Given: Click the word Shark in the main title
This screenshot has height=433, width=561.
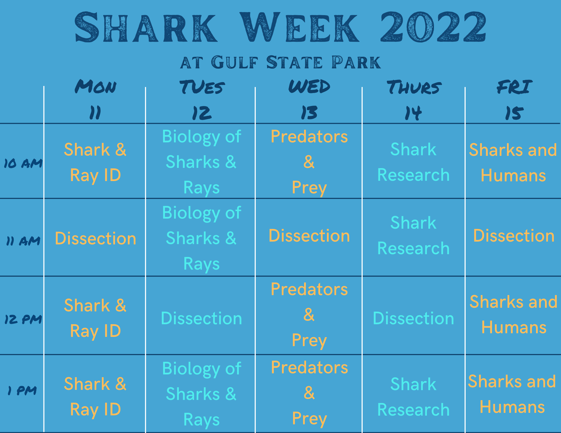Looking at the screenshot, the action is [146, 27].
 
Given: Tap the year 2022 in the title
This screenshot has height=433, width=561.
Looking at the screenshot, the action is [433, 27].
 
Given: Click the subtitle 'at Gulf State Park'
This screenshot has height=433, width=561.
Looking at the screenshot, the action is [280, 62].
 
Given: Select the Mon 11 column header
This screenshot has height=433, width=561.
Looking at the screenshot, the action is [95, 99].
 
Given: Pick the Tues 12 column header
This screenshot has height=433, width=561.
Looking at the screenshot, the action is [202, 100].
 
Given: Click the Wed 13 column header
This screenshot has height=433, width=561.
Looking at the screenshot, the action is [309, 99].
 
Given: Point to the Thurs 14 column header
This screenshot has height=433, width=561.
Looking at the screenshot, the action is [414, 100].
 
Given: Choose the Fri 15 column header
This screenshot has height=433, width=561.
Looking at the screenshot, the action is [514, 100].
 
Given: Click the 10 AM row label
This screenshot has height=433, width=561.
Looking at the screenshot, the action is [23, 163].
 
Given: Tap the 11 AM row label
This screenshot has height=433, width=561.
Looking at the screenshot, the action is [23, 241].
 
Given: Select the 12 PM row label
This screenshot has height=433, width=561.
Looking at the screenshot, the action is [23, 319].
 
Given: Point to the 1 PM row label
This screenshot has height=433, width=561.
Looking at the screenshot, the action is [22, 390].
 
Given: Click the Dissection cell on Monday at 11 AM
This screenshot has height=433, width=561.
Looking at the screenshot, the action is [95, 239].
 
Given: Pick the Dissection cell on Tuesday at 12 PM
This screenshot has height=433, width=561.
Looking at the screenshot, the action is [201, 318].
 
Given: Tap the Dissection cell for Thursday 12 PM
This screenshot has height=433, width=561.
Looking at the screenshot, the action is [413, 318].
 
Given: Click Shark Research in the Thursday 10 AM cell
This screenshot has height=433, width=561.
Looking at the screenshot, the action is [413, 162].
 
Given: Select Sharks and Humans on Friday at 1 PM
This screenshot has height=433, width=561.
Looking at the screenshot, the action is [512, 394].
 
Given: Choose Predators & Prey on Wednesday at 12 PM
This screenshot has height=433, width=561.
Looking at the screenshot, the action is [309, 315].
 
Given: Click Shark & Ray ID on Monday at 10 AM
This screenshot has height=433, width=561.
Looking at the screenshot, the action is [95, 163].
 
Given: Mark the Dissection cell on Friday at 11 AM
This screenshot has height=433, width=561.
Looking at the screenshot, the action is [514, 236].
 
